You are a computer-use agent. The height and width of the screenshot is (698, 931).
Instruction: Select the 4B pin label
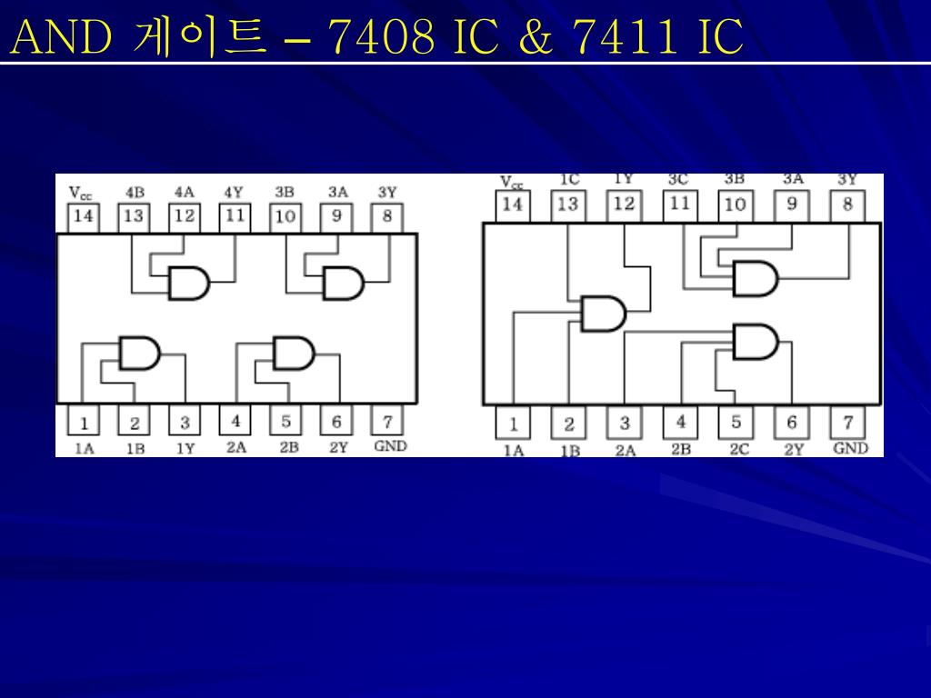point(135,193)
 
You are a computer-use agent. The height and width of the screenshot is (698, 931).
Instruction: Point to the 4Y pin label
point(234,193)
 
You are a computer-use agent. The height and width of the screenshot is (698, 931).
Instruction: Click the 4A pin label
point(184,193)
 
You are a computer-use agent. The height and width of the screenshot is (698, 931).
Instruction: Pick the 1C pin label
point(569,180)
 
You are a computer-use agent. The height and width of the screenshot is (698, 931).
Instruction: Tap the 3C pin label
point(678,180)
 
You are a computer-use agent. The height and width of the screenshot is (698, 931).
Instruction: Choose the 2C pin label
point(738,449)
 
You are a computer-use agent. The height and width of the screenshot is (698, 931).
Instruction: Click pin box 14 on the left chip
point(84,216)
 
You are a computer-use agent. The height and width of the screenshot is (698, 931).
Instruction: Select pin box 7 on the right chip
point(847,423)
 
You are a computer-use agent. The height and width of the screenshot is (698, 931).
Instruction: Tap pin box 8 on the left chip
point(387,216)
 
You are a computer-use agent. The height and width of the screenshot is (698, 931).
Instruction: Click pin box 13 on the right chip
point(567,204)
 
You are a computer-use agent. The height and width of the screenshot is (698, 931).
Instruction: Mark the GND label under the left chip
point(390,446)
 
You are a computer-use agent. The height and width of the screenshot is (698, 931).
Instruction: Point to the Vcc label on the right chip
point(512,182)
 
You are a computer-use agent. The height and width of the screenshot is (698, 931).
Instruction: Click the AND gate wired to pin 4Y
point(189,284)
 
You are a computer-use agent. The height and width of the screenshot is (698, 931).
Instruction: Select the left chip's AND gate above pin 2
point(139,353)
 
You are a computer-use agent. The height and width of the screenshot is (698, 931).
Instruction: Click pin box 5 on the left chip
point(285,423)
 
